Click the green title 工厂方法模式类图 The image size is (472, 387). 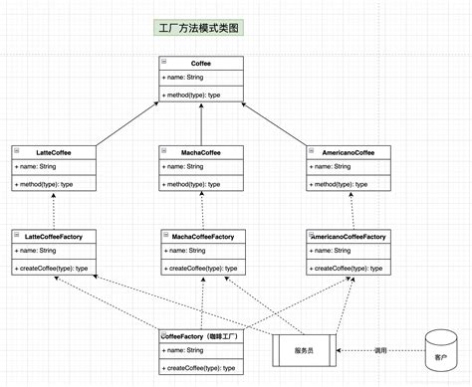click(200, 30)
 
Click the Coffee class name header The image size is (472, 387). click(201, 62)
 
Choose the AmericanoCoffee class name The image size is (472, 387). click(349, 151)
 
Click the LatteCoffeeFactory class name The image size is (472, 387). click(60, 236)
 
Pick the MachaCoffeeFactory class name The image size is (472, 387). click(203, 236)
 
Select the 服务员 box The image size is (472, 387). click(307, 350)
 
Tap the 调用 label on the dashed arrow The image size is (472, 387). click(379, 350)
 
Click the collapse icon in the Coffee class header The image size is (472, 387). click(164, 62)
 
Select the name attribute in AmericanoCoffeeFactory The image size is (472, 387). click(331, 251)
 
